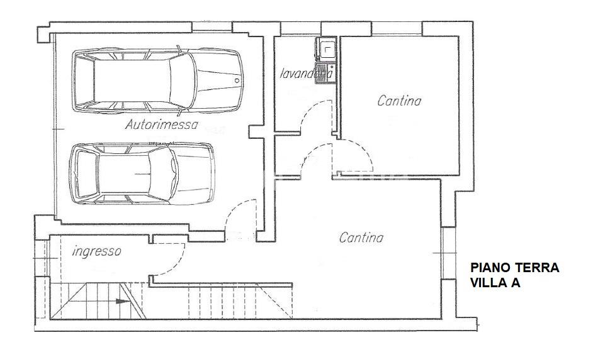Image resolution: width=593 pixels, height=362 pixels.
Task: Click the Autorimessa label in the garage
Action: tap(161, 124)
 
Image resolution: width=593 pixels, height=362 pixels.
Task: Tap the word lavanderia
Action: tap(306, 74)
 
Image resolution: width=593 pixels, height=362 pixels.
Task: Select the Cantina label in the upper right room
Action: tap(399, 101)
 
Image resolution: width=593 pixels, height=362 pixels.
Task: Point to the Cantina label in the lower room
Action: tap(361, 238)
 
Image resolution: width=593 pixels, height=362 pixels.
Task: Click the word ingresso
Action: tap(96, 251)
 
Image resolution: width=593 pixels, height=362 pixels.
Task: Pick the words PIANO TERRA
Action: tap(515, 268)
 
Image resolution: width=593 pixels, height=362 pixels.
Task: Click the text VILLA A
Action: tap(495, 283)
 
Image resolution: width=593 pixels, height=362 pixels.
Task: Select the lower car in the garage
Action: tap(141, 172)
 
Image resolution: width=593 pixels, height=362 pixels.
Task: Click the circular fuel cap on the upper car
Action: tap(237, 80)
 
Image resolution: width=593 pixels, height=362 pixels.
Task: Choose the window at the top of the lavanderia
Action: tap(300, 28)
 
